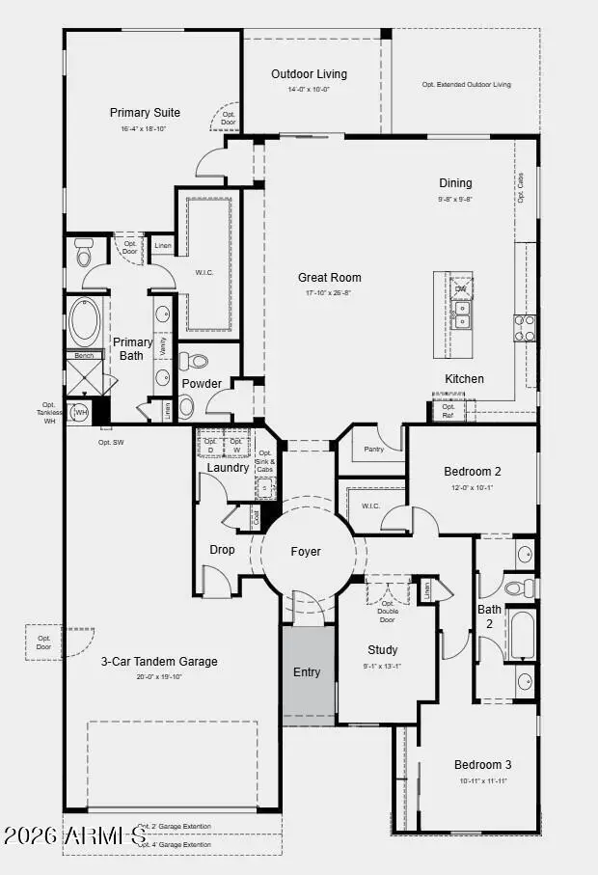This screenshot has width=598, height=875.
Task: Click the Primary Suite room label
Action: tap(145, 113)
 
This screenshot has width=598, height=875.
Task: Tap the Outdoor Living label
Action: tap(309, 74)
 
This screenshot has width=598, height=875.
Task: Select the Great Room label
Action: tap(329, 278)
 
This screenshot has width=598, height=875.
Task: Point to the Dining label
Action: tap(455, 183)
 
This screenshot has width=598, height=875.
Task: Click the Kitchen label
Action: tap(464, 379)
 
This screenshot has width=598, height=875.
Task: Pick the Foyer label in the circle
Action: tap(306, 552)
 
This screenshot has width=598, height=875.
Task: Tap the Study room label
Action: tap(382, 650)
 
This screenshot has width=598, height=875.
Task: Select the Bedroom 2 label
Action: tap(472, 472)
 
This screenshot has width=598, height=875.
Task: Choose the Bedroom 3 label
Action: tap(482, 765)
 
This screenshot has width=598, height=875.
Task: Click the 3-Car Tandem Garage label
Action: tap(159, 662)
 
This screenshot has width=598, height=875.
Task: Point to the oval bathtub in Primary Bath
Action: tap(84, 322)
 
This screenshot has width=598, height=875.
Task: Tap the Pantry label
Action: tap(375, 450)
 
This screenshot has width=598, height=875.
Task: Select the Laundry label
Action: tap(228, 468)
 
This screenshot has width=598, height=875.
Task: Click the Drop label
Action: tap(222, 550)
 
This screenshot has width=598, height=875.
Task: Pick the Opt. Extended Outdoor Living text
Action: tap(466, 85)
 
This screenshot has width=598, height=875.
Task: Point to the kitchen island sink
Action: tap(462, 321)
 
